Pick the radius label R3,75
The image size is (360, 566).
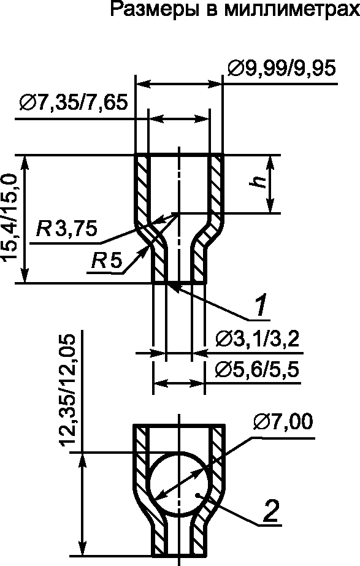pos(67,229)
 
